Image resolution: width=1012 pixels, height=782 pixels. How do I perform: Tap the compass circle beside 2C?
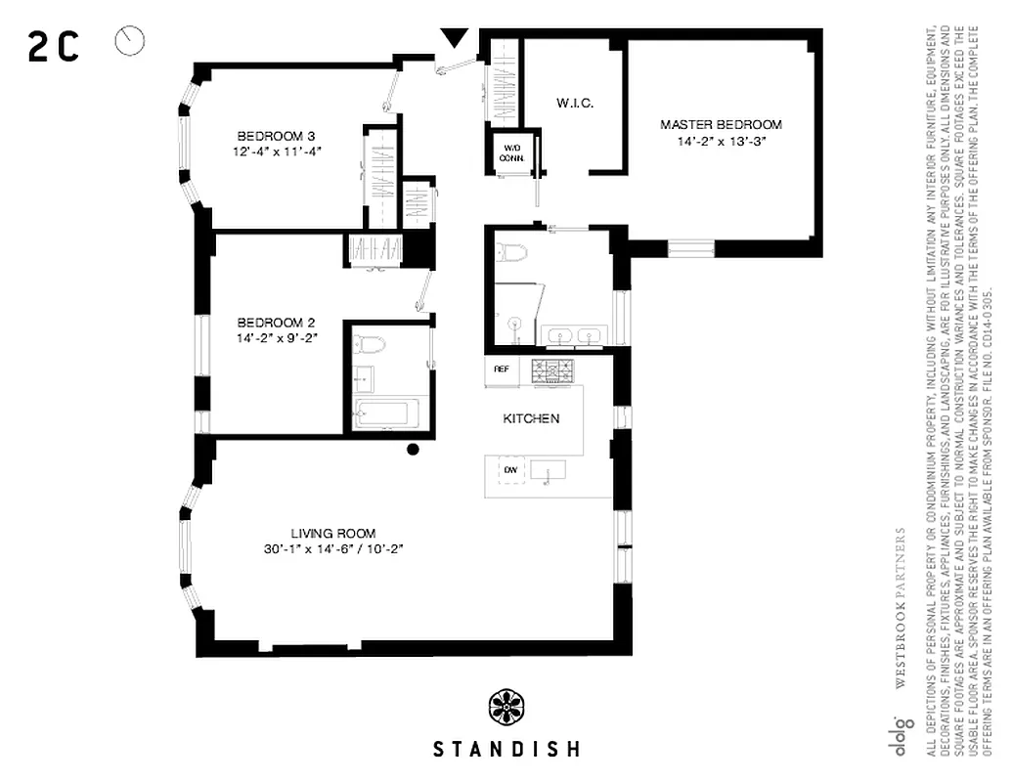(x=129, y=41)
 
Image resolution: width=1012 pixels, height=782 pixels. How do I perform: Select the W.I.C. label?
(x=575, y=103)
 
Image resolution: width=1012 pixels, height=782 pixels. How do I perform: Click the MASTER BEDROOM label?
(x=721, y=124)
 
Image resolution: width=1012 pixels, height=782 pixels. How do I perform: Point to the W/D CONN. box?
(x=510, y=152)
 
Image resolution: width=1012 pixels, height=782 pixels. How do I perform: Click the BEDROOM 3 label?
(x=277, y=136)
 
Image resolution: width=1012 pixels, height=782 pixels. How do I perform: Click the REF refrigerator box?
(x=502, y=369)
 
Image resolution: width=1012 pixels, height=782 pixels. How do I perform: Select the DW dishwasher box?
(x=509, y=470)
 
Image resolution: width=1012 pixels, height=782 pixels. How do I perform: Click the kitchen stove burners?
(x=552, y=370)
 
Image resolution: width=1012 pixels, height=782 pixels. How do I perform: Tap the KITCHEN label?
(x=531, y=418)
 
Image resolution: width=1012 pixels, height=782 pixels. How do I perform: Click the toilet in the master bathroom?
(x=511, y=254)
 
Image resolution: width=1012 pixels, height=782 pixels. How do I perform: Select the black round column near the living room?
(x=413, y=450)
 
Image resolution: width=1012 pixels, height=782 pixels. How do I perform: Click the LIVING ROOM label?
(x=333, y=533)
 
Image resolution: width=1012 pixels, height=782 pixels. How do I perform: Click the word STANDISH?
(x=506, y=750)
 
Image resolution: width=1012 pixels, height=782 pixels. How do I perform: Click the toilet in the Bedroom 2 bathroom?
(x=372, y=343)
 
